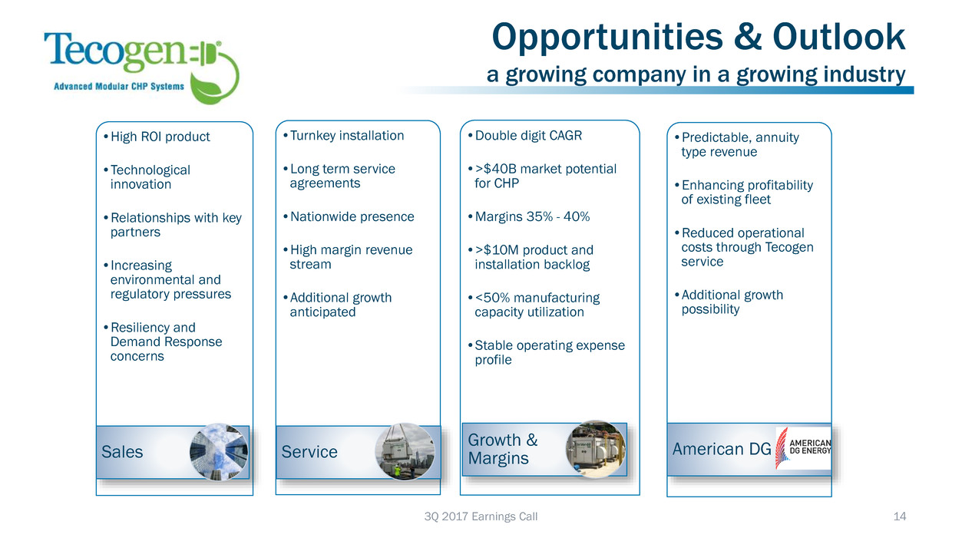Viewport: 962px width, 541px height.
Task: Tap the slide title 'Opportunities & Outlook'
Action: pyautogui.click(x=699, y=38)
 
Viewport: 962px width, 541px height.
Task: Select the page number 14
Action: pyautogui.click(x=899, y=516)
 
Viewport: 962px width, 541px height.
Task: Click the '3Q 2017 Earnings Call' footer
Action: pyautogui.click(x=481, y=516)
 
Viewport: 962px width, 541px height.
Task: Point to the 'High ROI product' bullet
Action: pyautogui.click(x=157, y=137)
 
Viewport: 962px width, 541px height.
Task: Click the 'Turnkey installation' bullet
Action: pyautogui.click(x=344, y=135)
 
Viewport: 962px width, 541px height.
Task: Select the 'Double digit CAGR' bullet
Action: pyautogui.click(x=525, y=135)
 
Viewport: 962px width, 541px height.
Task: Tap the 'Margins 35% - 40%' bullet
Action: pyautogui.click(x=529, y=216)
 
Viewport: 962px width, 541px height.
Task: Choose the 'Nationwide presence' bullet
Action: pyautogui.click(x=349, y=216)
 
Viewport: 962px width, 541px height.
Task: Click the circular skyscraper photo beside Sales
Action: pyautogui.click(x=219, y=452)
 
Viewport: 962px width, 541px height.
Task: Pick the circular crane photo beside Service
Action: pyautogui.click(x=405, y=452)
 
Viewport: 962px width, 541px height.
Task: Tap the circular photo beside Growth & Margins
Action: pyautogui.click(x=595, y=450)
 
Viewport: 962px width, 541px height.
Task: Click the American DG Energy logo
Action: pyautogui.click(x=803, y=447)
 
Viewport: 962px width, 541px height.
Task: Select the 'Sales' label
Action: pyautogui.click(x=122, y=452)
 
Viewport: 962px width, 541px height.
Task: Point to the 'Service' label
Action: pyautogui.click(x=309, y=452)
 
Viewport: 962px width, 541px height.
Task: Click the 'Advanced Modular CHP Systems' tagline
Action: pyautogui.click(x=119, y=86)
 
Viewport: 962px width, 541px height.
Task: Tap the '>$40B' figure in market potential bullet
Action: pyautogui.click(x=498, y=169)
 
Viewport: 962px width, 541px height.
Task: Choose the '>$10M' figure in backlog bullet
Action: pyautogui.click(x=498, y=250)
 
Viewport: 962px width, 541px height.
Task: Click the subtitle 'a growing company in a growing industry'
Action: pyautogui.click(x=696, y=74)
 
